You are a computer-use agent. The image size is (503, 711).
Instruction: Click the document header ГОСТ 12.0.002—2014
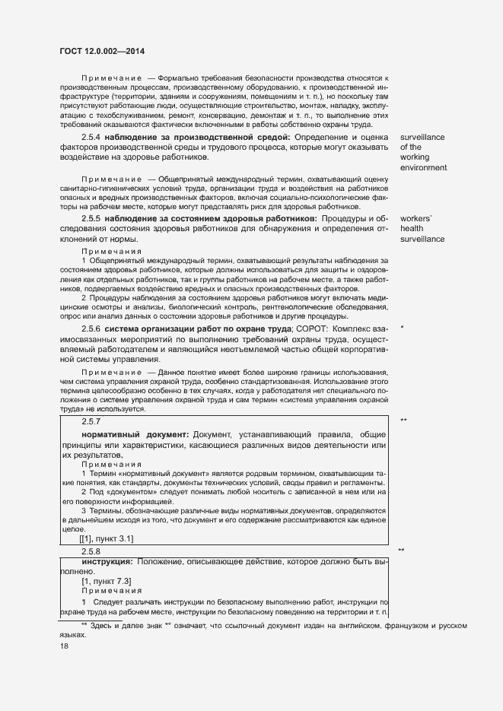click(102, 51)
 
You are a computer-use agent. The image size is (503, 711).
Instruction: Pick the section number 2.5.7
click(91, 421)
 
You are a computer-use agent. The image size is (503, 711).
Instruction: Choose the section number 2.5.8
click(91, 551)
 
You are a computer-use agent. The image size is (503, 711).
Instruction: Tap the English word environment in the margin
click(423, 167)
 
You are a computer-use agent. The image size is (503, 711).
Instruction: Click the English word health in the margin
click(411, 229)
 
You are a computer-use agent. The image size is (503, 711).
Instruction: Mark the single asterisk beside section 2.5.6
click(401, 328)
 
